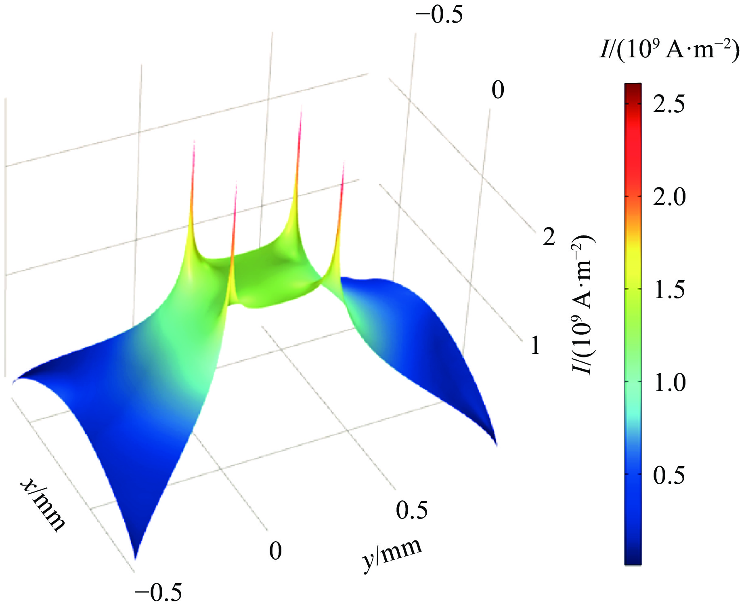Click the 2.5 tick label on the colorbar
pos(669,104)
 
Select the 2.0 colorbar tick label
pos(669,197)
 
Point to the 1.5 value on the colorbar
pos(669,290)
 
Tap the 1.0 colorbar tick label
pos(669,382)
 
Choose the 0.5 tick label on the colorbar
pos(669,475)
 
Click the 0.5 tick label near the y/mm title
pos(411,510)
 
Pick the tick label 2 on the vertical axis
pos(549,237)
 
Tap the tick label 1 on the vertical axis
pos(535,346)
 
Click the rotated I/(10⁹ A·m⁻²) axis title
pos(583,305)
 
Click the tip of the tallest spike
pos(301,107)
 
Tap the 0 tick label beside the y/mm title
pos(275,550)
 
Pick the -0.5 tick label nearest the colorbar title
pos(439,15)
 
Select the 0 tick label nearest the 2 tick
pos(498,90)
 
